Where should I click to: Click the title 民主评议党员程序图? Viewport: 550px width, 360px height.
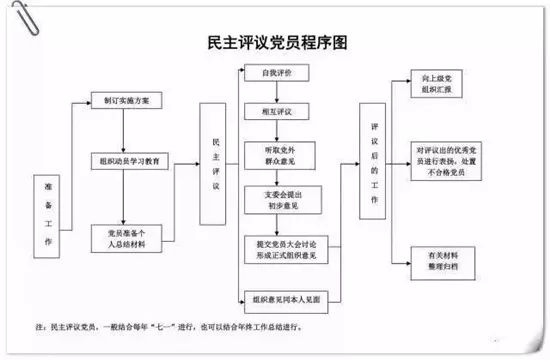coord(275,42)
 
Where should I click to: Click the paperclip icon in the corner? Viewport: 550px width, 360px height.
coord(14,13)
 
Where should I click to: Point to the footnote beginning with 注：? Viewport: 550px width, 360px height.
coord(180,326)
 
